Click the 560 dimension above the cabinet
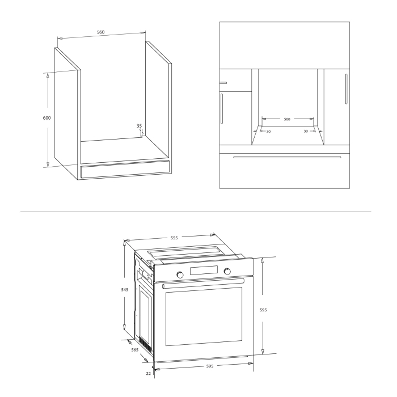tap(100, 32)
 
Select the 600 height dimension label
tap(47, 118)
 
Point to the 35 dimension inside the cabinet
tap(139, 126)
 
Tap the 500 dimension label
tap(287, 120)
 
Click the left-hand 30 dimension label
tap(268, 132)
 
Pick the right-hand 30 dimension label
tap(305, 132)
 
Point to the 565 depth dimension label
tap(135, 350)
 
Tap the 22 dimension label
tap(148, 373)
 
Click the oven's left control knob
tap(181, 275)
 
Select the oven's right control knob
tap(227, 272)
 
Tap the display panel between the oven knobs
tap(204, 271)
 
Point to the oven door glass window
tap(204, 316)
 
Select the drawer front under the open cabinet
tap(125, 169)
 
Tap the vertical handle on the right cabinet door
tap(345, 89)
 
